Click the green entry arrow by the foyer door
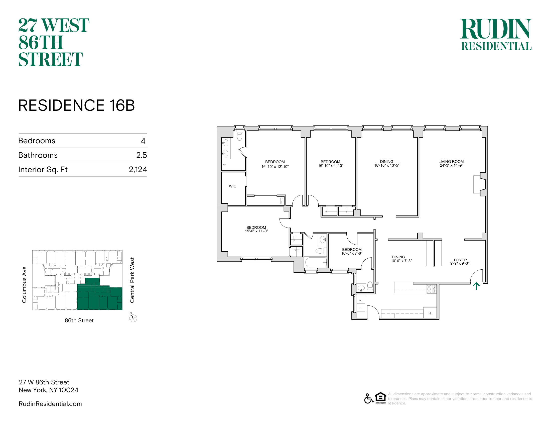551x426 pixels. click(x=476, y=286)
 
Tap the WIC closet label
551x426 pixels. click(x=233, y=186)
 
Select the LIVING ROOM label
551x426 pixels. click(x=451, y=162)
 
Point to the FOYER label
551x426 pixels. click(x=460, y=260)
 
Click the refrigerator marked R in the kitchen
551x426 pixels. click(x=430, y=313)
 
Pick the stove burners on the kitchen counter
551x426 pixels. click(x=432, y=289)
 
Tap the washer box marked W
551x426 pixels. click(x=360, y=300)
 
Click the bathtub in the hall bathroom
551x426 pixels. click(x=315, y=262)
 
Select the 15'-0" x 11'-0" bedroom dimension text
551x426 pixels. click(x=256, y=231)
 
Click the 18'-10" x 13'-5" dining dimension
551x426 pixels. click(x=387, y=165)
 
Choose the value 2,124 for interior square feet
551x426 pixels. click(x=138, y=169)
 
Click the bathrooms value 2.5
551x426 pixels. click(x=142, y=155)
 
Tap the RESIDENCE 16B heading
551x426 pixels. click(x=76, y=105)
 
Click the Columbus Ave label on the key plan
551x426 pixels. click(x=24, y=285)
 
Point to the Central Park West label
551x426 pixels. click(x=132, y=280)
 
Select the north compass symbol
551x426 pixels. click(x=133, y=318)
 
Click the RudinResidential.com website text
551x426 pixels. click(x=50, y=404)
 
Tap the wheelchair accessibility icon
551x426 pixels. click(x=369, y=398)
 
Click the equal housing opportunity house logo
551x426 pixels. click(x=380, y=398)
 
